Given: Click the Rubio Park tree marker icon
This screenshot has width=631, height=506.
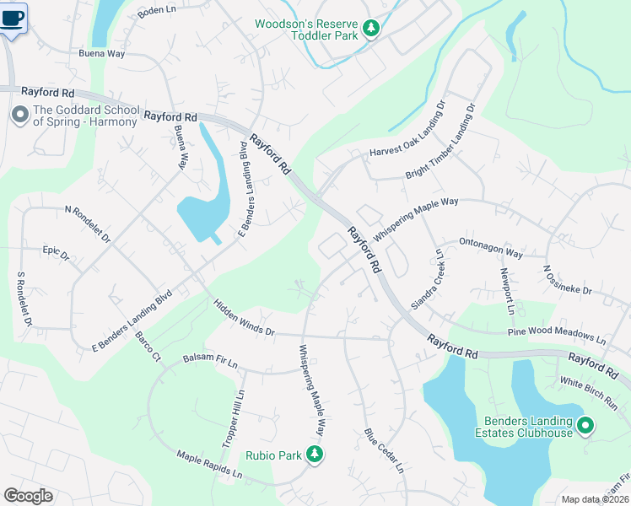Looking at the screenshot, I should pyautogui.click(x=315, y=455).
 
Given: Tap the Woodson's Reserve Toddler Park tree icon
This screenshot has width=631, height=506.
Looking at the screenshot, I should pyautogui.click(x=370, y=30).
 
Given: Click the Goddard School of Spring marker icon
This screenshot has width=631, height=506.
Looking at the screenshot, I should pyautogui.click(x=19, y=116).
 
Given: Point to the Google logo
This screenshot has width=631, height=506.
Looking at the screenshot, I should pyautogui.click(x=28, y=496).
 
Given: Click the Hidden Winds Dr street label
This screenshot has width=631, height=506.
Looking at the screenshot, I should pyautogui.click(x=244, y=318).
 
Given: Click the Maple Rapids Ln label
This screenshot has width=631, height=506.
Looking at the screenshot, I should pyautogui.click(x=208, y=466).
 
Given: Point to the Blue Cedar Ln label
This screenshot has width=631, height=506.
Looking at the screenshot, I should pyautogui.click(x=384, y=450).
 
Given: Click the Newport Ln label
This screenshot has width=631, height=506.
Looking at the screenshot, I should pyautogui.click(x=507, y=291).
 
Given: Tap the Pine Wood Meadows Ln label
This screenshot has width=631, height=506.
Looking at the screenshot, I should pyautogui.click(x=557, y=336).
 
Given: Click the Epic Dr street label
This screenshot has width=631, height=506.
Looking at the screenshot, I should pyautogui.click(x=56, y=250).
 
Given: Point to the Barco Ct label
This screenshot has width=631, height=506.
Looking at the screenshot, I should pyautogui.click(x=148, y=347).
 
